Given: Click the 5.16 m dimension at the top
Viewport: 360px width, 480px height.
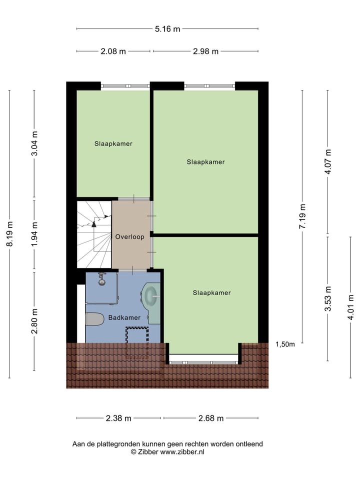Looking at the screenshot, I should tap(167, 29).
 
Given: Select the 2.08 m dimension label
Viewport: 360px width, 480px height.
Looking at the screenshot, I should tap(112, 51).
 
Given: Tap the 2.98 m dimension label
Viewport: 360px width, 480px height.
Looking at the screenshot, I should tap(205, 51).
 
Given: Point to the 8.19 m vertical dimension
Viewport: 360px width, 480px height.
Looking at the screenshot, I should tap(10, 234).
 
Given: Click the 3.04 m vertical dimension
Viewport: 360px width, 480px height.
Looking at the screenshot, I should tap(34, 143).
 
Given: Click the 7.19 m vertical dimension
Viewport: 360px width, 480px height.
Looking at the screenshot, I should tap(302, 216).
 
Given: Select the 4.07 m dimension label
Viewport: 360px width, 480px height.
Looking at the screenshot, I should tap(328, 162).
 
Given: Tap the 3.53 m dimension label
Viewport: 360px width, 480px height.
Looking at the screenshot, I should tap(328, 299).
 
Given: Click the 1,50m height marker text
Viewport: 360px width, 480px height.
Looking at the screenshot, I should tap(285, 344).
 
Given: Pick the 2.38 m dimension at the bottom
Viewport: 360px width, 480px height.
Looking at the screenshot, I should tap(118, 418).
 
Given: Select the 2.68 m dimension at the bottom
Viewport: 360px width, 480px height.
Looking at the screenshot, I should tap(211, 418).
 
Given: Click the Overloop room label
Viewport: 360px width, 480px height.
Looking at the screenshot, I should tap(129, 237).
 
